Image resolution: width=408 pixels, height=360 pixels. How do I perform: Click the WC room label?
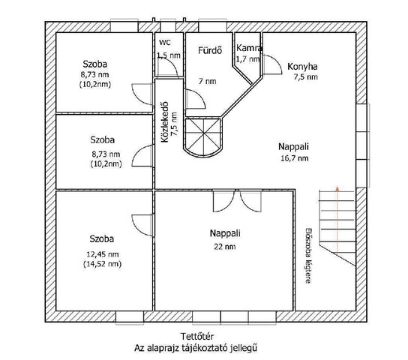[x=165, y=42]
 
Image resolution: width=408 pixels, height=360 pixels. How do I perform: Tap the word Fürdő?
[x=210, y=50]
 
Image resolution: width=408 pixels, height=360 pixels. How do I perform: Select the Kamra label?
[x=249, y=48]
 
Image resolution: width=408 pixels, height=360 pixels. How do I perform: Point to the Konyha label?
[x=302, y=67]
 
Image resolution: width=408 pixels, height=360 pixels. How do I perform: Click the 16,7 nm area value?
[x=295, y=158]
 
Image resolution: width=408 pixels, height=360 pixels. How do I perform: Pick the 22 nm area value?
[x=225, y=246]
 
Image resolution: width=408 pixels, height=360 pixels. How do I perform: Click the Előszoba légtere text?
[x=308, y=256]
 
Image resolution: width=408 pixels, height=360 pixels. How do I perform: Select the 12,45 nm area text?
[x=103, y=254]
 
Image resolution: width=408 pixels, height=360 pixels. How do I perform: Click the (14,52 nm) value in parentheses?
[x=103, y=264]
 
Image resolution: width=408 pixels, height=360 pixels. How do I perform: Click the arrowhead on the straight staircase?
[x=337, y=189]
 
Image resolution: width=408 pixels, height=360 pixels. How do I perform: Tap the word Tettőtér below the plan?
[x=197, y=336]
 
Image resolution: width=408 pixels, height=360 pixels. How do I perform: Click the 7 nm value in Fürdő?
[x=208, y=81]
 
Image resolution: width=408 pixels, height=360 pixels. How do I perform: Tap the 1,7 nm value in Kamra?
[x=247, y=59]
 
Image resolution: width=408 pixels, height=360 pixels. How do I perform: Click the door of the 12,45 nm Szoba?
[x=142, y=225]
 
